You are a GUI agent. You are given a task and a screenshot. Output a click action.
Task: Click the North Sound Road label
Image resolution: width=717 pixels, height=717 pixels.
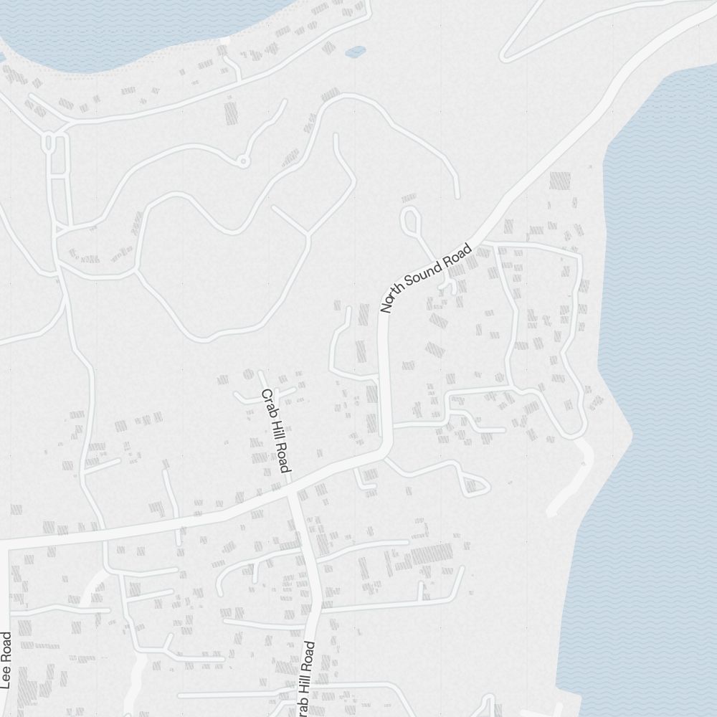click(427, 279)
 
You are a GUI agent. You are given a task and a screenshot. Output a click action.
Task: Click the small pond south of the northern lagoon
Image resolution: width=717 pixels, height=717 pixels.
click(355, 52)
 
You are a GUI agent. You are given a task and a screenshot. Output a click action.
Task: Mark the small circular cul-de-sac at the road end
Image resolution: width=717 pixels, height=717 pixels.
click(243, 161)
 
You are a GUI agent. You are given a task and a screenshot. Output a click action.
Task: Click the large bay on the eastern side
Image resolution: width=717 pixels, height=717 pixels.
click(660, 358)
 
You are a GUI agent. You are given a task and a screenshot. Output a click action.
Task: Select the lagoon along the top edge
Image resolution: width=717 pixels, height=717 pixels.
click(129, 29)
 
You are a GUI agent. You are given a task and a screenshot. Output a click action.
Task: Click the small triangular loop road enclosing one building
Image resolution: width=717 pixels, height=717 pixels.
click(473, 485)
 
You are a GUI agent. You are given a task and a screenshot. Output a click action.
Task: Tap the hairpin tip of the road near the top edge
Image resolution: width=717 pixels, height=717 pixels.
click(504, 57)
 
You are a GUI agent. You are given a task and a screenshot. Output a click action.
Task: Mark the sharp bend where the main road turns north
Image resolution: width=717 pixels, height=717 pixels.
click(386, 448)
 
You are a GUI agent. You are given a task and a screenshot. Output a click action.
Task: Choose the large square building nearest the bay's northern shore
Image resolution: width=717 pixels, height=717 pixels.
click(559, 180)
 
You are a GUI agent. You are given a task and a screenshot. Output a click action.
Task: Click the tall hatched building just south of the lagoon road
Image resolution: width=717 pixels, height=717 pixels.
click(231, 113)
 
